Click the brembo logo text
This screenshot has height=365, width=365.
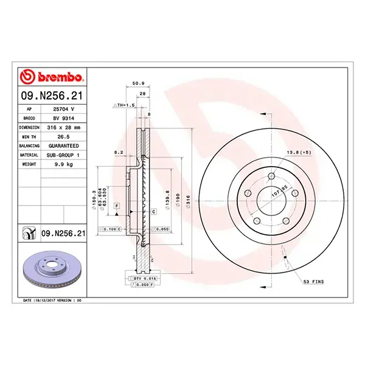[56, 77]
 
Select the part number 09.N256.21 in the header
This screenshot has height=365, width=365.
[52, 96]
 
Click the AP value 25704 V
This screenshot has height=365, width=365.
[63, 108]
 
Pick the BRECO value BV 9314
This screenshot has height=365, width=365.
[63, 118]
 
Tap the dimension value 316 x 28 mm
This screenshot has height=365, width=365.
[63, 128]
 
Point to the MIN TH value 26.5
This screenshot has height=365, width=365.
[63, 137]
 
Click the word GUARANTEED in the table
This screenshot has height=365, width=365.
[63, 146]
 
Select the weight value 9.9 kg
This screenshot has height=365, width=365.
[63, 165]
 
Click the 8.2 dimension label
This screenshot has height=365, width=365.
[119, 152]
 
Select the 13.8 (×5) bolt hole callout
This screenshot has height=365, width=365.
[299, 152]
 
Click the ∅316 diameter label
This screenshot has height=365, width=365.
[188, 200]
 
